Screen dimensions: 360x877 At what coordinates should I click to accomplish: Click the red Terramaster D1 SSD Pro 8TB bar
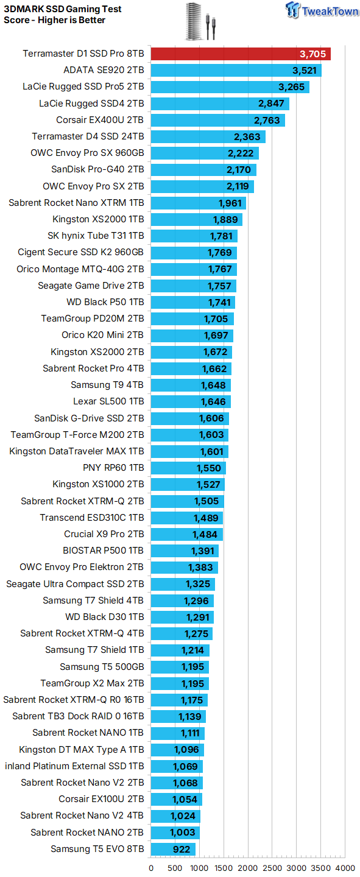(241, 54)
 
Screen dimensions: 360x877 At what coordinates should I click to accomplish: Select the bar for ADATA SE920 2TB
(236, 71)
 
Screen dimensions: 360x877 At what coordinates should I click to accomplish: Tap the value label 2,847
(270, 104)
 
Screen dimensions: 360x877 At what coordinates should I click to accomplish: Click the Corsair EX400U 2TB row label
(100, 120)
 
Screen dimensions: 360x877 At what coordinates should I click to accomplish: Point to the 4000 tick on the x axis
(345, 868)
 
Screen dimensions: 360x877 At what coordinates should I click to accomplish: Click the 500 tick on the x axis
(175, 868)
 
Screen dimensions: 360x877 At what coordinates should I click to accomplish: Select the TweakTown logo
(322, 10)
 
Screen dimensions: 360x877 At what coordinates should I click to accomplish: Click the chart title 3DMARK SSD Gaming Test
(63, 9)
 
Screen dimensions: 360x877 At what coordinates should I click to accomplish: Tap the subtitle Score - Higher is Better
(54, 20)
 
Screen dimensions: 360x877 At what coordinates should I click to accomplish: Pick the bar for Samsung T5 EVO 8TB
(173, 849)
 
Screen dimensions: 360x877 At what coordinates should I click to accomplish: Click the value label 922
(182, 849)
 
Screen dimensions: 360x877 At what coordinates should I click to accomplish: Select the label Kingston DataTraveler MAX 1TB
(77, 451)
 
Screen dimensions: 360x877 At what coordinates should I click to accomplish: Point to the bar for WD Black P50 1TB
(192, 302)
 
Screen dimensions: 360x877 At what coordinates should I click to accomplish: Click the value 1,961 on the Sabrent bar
(230, 203)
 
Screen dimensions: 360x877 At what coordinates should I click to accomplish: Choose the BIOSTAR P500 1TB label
(104, 551)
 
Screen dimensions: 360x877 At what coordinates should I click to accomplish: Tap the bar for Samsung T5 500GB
(180, 667)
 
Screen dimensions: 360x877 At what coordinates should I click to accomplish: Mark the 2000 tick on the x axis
(248, 868)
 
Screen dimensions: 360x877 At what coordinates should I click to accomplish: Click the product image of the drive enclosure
(200, 21)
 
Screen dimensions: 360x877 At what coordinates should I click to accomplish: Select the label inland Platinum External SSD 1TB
(74, 766)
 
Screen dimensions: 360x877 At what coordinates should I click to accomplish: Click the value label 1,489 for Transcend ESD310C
(206, 518)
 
